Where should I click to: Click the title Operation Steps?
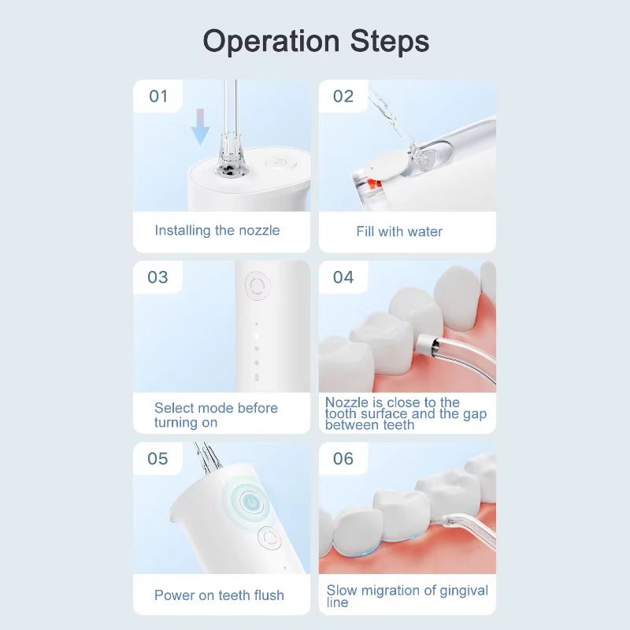tap(315, 41)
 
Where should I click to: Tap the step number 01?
tap(158, 96)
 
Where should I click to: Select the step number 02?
tap(343, 96)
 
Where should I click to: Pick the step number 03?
tap(158, 277)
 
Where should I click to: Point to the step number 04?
tap(343, 277)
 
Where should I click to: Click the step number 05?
tap(158, 458)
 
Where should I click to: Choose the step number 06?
tap(343, 458)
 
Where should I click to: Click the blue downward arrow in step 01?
tap(201, 126)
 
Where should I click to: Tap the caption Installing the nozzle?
tap(217, 231)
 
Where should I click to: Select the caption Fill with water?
tap(399, 232)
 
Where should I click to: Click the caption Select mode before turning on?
tap(216, 415)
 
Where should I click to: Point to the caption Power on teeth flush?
tap(219, 595)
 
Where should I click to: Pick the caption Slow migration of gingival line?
tap(407, 595)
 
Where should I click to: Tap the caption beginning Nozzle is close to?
tap(406, 413)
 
